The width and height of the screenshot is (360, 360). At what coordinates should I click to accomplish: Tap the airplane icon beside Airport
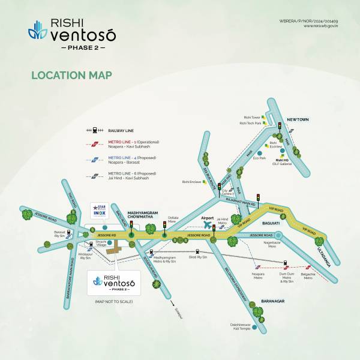pos(209,224)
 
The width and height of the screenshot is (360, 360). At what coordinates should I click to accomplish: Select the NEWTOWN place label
pos(297,120)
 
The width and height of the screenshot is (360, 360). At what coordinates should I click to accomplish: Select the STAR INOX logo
pos(98,211)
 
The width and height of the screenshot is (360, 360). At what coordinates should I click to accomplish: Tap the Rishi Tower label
pos(251,118)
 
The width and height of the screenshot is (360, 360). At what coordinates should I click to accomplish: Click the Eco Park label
pos(259,158)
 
